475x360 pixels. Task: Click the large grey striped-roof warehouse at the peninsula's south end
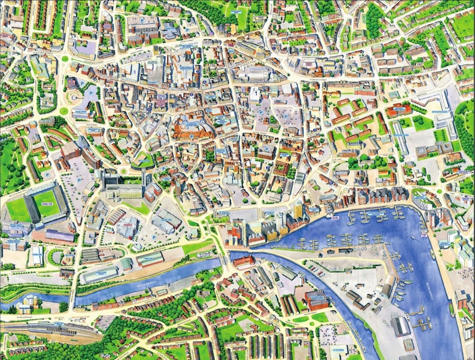(400, 326)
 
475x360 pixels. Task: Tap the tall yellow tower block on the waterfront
(297, 209)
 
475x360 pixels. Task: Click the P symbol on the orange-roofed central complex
(191, 136)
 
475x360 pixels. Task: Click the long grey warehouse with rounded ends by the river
(99, 274)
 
